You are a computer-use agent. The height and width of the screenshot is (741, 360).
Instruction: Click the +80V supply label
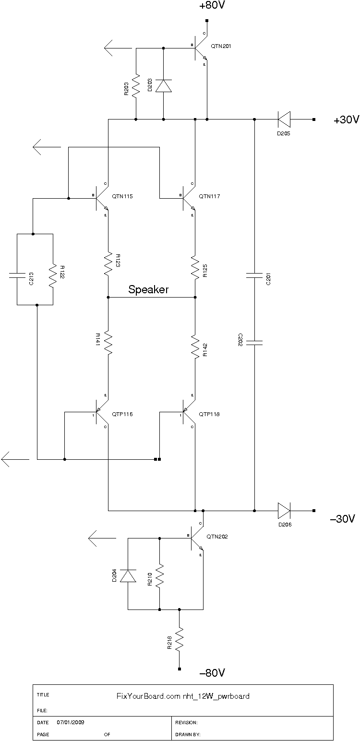click(x=212, y=6)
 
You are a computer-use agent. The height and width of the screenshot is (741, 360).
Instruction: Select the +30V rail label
click(x=346, y=120)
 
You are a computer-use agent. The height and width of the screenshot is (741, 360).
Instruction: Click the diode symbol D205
click(x=284, y=119)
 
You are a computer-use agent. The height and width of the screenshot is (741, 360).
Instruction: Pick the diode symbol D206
click(x=284, y=510)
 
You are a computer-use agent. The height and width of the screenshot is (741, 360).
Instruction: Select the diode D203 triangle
click(x=164, y=85)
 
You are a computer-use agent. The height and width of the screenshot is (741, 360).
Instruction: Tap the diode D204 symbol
click(x=128, y=575)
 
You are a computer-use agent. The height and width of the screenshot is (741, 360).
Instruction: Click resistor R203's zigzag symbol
click(x=136, y=85)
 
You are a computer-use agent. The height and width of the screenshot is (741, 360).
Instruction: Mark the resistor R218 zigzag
click(x=180, y=640)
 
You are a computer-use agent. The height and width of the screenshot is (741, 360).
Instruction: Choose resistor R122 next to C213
click(x=53, y=275)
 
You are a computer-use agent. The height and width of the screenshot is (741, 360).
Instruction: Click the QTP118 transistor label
click(x=209, y=414)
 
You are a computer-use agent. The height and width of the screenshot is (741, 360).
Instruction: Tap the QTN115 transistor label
click(x=122, y=196)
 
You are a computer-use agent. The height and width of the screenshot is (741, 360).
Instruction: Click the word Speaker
click(x=148, y=290)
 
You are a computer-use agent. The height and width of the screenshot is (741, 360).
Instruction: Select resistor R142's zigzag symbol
click(x=195, y=346)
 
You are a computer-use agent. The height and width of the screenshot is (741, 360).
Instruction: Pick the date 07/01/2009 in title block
click(x=71, y=721)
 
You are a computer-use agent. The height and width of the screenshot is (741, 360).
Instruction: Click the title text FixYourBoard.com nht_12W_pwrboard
click(x=183, y=696)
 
